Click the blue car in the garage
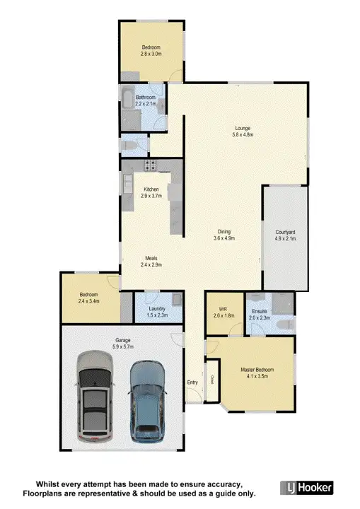click(146, 399)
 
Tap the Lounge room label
click(243, 128)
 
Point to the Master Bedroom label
click(257, 370)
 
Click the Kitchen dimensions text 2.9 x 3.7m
click(153, 196)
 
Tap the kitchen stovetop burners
click(151, 165)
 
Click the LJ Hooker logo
click(306, 488)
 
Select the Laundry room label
click(157, 308)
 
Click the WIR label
click(223, 309)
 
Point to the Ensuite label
click(260, 310)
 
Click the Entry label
click(192, 382)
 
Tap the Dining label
click(224, 232)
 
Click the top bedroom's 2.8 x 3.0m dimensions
click(151, 53)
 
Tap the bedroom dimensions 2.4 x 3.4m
click(89, 301)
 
